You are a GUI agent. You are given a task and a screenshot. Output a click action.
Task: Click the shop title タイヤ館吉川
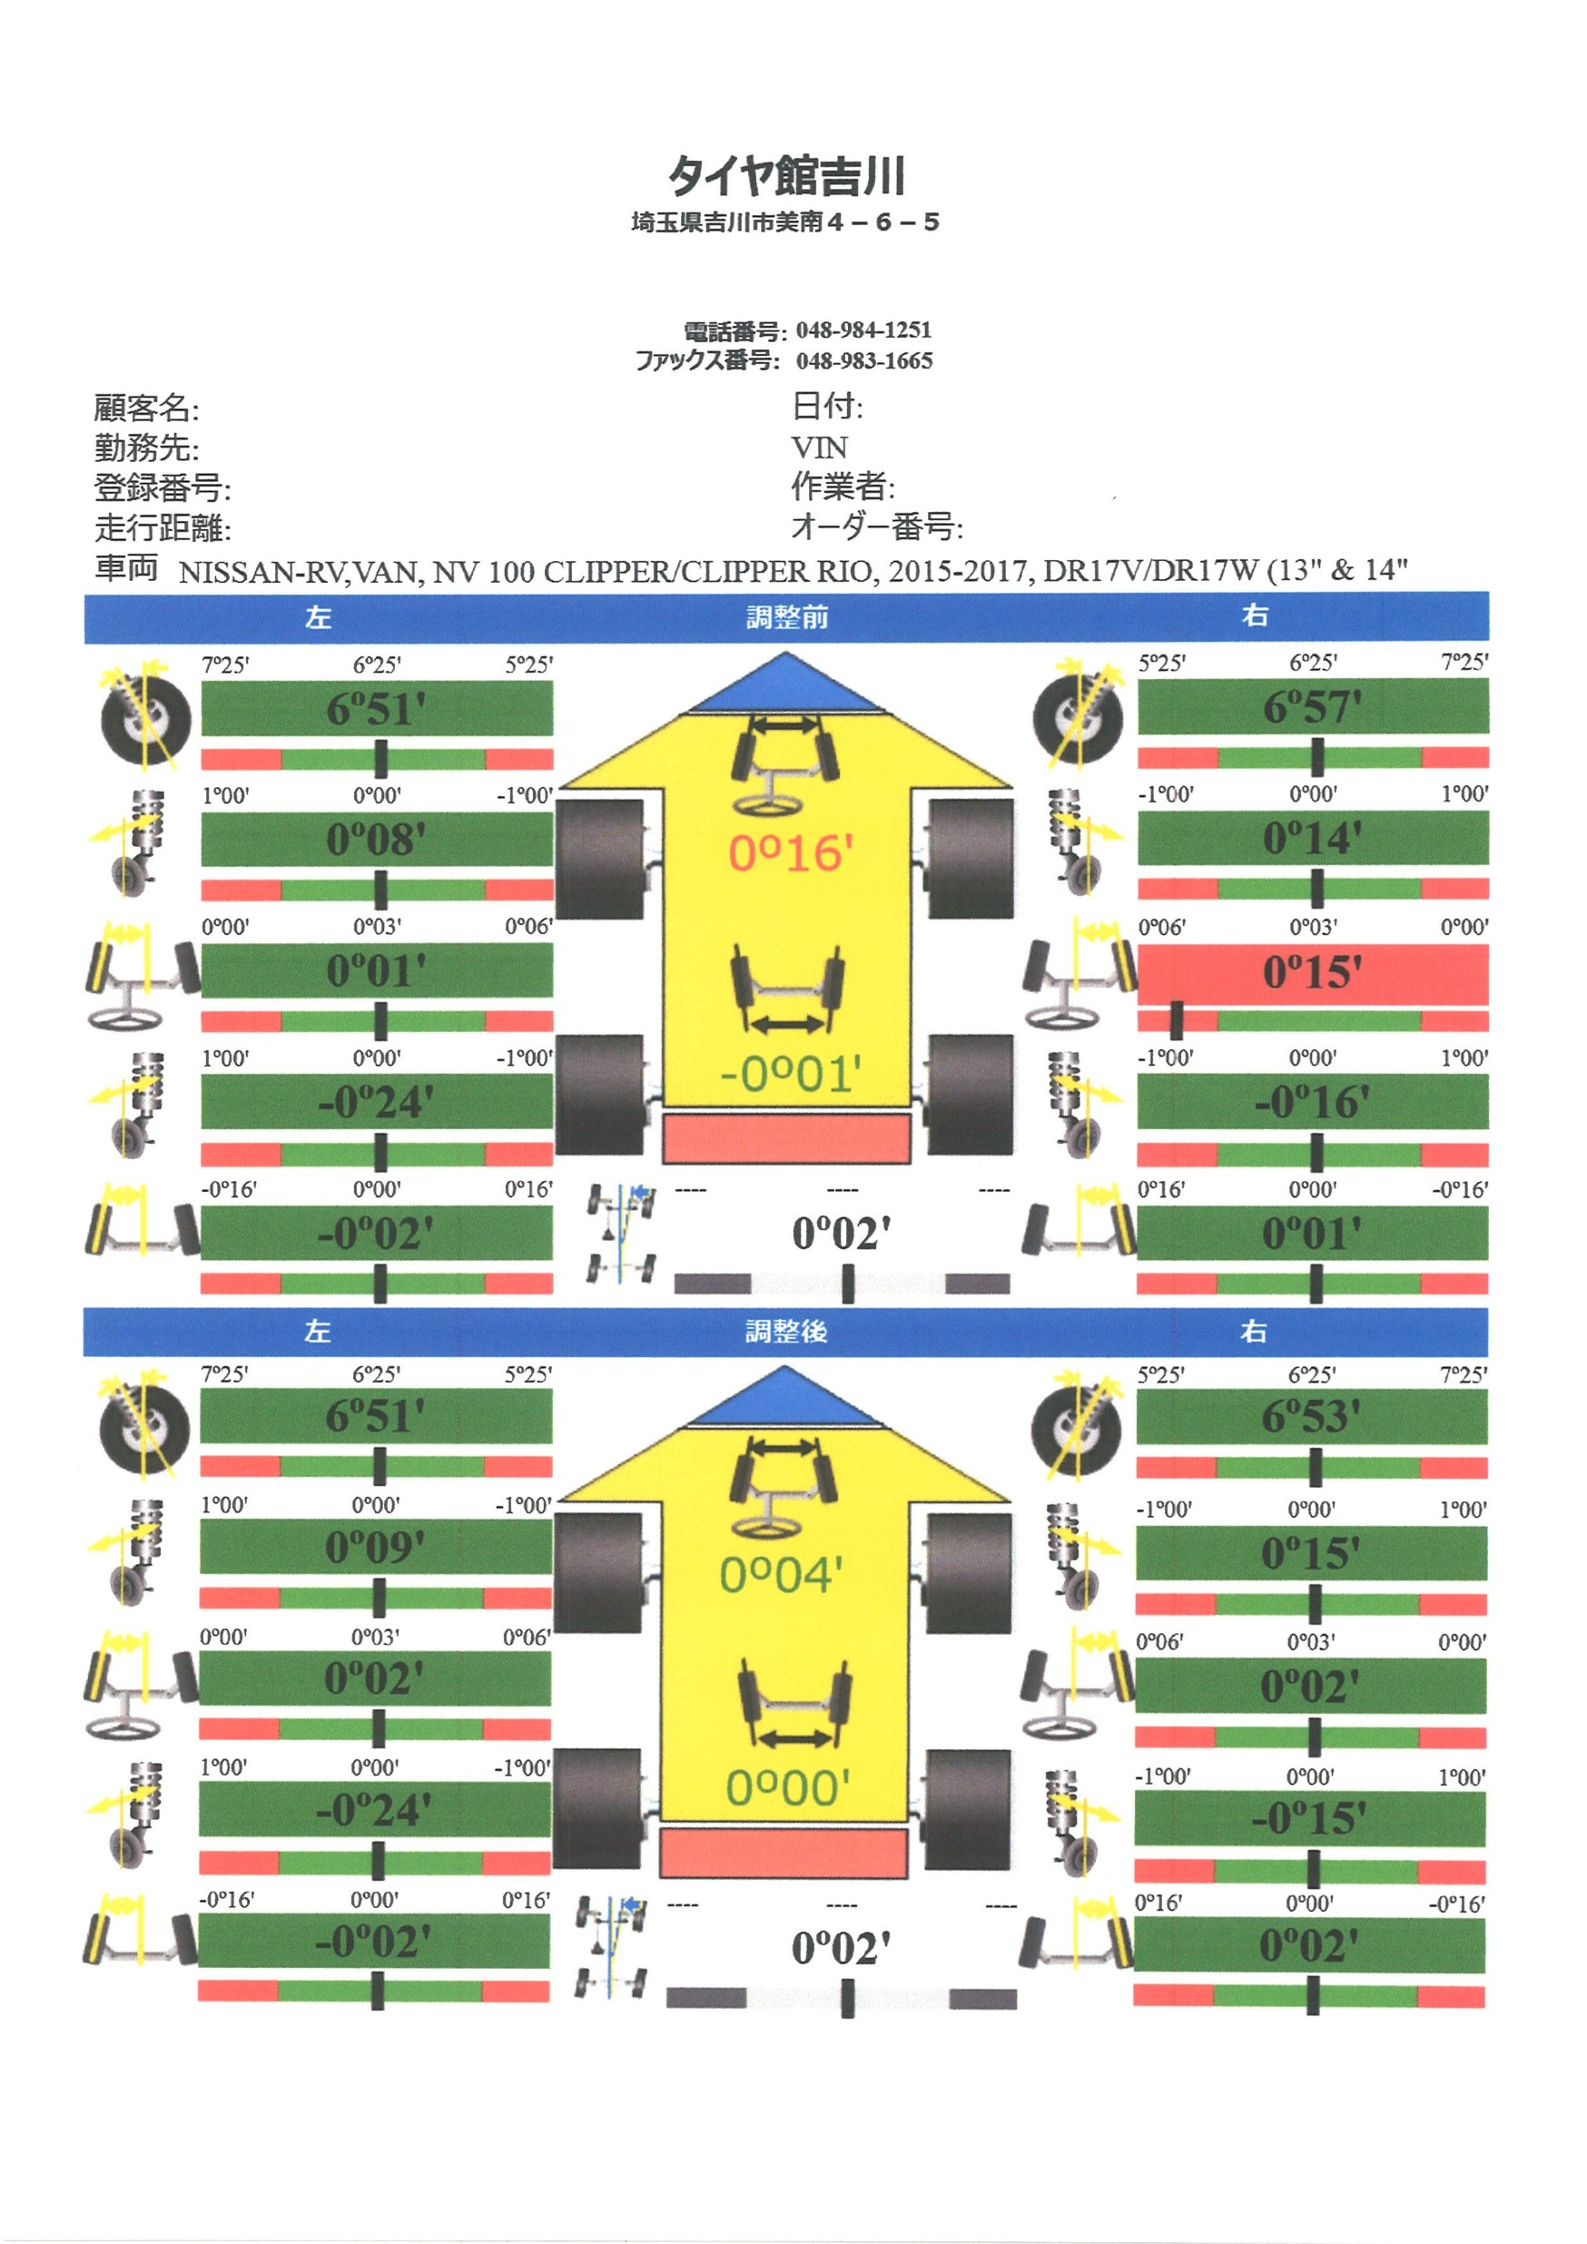click(786, 177)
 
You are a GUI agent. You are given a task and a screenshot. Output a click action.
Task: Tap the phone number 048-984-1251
click(863, 330)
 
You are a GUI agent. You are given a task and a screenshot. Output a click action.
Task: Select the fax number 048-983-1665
click(863, 360)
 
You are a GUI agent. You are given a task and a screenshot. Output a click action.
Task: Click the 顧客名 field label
click(145, 408)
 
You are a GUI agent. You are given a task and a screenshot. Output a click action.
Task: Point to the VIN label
click(819, 448)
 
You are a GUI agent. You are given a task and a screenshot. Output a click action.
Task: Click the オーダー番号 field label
click(876, 527)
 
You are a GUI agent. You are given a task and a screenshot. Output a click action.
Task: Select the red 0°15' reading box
click(1313, 973)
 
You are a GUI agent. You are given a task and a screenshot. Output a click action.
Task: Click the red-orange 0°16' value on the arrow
click(791, 853)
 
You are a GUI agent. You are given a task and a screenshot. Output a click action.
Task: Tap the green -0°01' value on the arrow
click(791, 1074)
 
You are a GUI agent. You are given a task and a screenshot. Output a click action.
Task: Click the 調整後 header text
click(785, 1331)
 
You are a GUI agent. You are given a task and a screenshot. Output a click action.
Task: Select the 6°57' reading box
click(1313, 706)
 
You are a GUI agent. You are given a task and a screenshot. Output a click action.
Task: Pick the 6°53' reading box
click(1311, 1417)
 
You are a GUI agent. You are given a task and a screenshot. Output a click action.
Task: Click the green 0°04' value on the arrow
click(782, 1574)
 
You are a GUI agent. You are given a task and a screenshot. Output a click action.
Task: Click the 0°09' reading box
click(375, 1547)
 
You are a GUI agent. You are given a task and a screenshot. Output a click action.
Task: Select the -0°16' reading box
click(1313, 1102)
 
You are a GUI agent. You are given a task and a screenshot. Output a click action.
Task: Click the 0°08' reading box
click(376, 840)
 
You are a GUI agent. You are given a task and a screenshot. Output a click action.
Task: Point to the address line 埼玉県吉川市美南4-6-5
click(785, 222)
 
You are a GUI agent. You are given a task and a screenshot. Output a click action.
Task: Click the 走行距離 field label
click(163, 528)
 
